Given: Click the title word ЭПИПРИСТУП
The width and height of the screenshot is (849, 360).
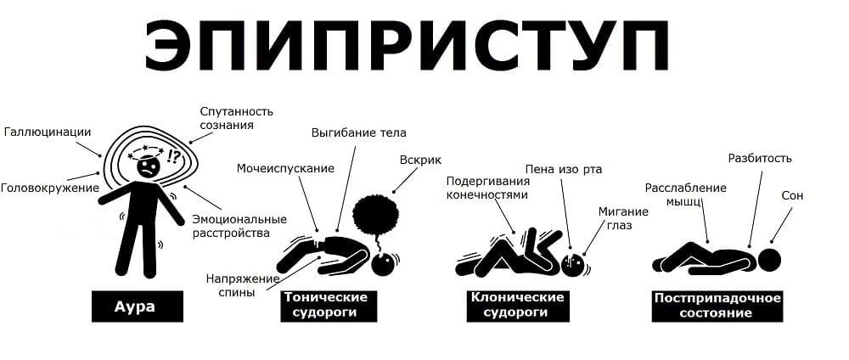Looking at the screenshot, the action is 407,46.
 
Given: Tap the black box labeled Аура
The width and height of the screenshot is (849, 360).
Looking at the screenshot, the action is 137,307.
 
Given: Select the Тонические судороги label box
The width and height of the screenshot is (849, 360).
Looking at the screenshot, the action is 329,306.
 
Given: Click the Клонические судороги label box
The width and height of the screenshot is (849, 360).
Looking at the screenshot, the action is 518,306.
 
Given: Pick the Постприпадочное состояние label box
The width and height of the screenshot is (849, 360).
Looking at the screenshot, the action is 717,306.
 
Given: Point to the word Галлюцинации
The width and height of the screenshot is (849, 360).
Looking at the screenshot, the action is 48,132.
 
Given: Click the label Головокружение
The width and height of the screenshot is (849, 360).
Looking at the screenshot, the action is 50,188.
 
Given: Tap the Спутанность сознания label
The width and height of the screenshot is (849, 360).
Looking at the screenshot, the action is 236,118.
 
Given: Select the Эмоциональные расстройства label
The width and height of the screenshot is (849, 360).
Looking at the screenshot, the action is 239,227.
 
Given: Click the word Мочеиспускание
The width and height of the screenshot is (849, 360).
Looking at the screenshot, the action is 285,168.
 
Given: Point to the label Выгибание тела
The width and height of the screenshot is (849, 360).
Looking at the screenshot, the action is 358,132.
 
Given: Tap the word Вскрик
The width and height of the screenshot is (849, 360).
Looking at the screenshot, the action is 420,160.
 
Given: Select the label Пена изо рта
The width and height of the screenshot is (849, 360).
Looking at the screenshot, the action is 564,170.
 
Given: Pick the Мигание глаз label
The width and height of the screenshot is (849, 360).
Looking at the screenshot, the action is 622,218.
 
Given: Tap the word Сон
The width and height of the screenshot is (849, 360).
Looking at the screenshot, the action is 792,196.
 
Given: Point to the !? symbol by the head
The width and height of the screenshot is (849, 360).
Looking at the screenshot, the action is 174,155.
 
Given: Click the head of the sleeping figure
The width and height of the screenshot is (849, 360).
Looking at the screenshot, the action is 769,259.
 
